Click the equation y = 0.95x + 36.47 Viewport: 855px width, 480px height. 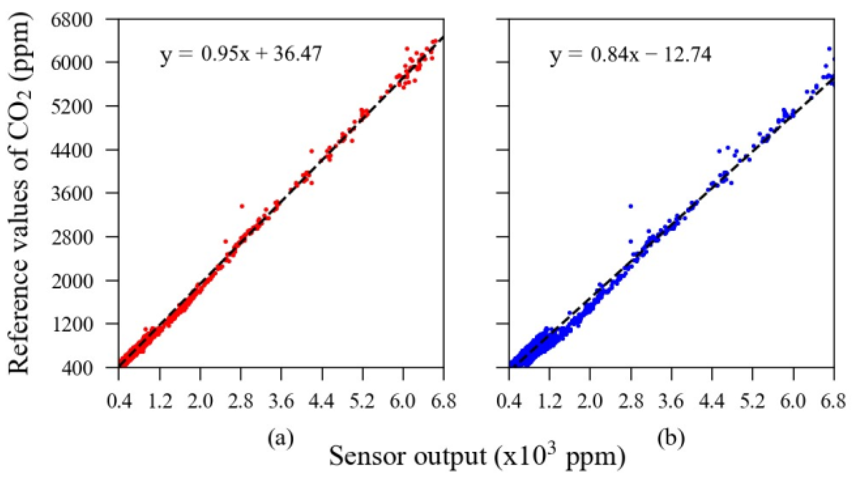point(241,55)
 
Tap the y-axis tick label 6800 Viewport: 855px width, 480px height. point(72,20)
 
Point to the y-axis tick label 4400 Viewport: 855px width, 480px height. point(72,150)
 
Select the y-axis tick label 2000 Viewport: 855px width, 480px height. point(72,281)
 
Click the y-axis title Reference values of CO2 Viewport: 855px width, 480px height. point(20,193)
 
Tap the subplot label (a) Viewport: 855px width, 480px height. point(281,438)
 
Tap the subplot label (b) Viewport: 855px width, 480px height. point(671,438)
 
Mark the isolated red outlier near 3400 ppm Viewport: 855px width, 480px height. point(242,206)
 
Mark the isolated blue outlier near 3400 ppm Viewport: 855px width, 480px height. point(631,206)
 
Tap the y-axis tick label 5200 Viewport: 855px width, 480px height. point(72,107)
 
